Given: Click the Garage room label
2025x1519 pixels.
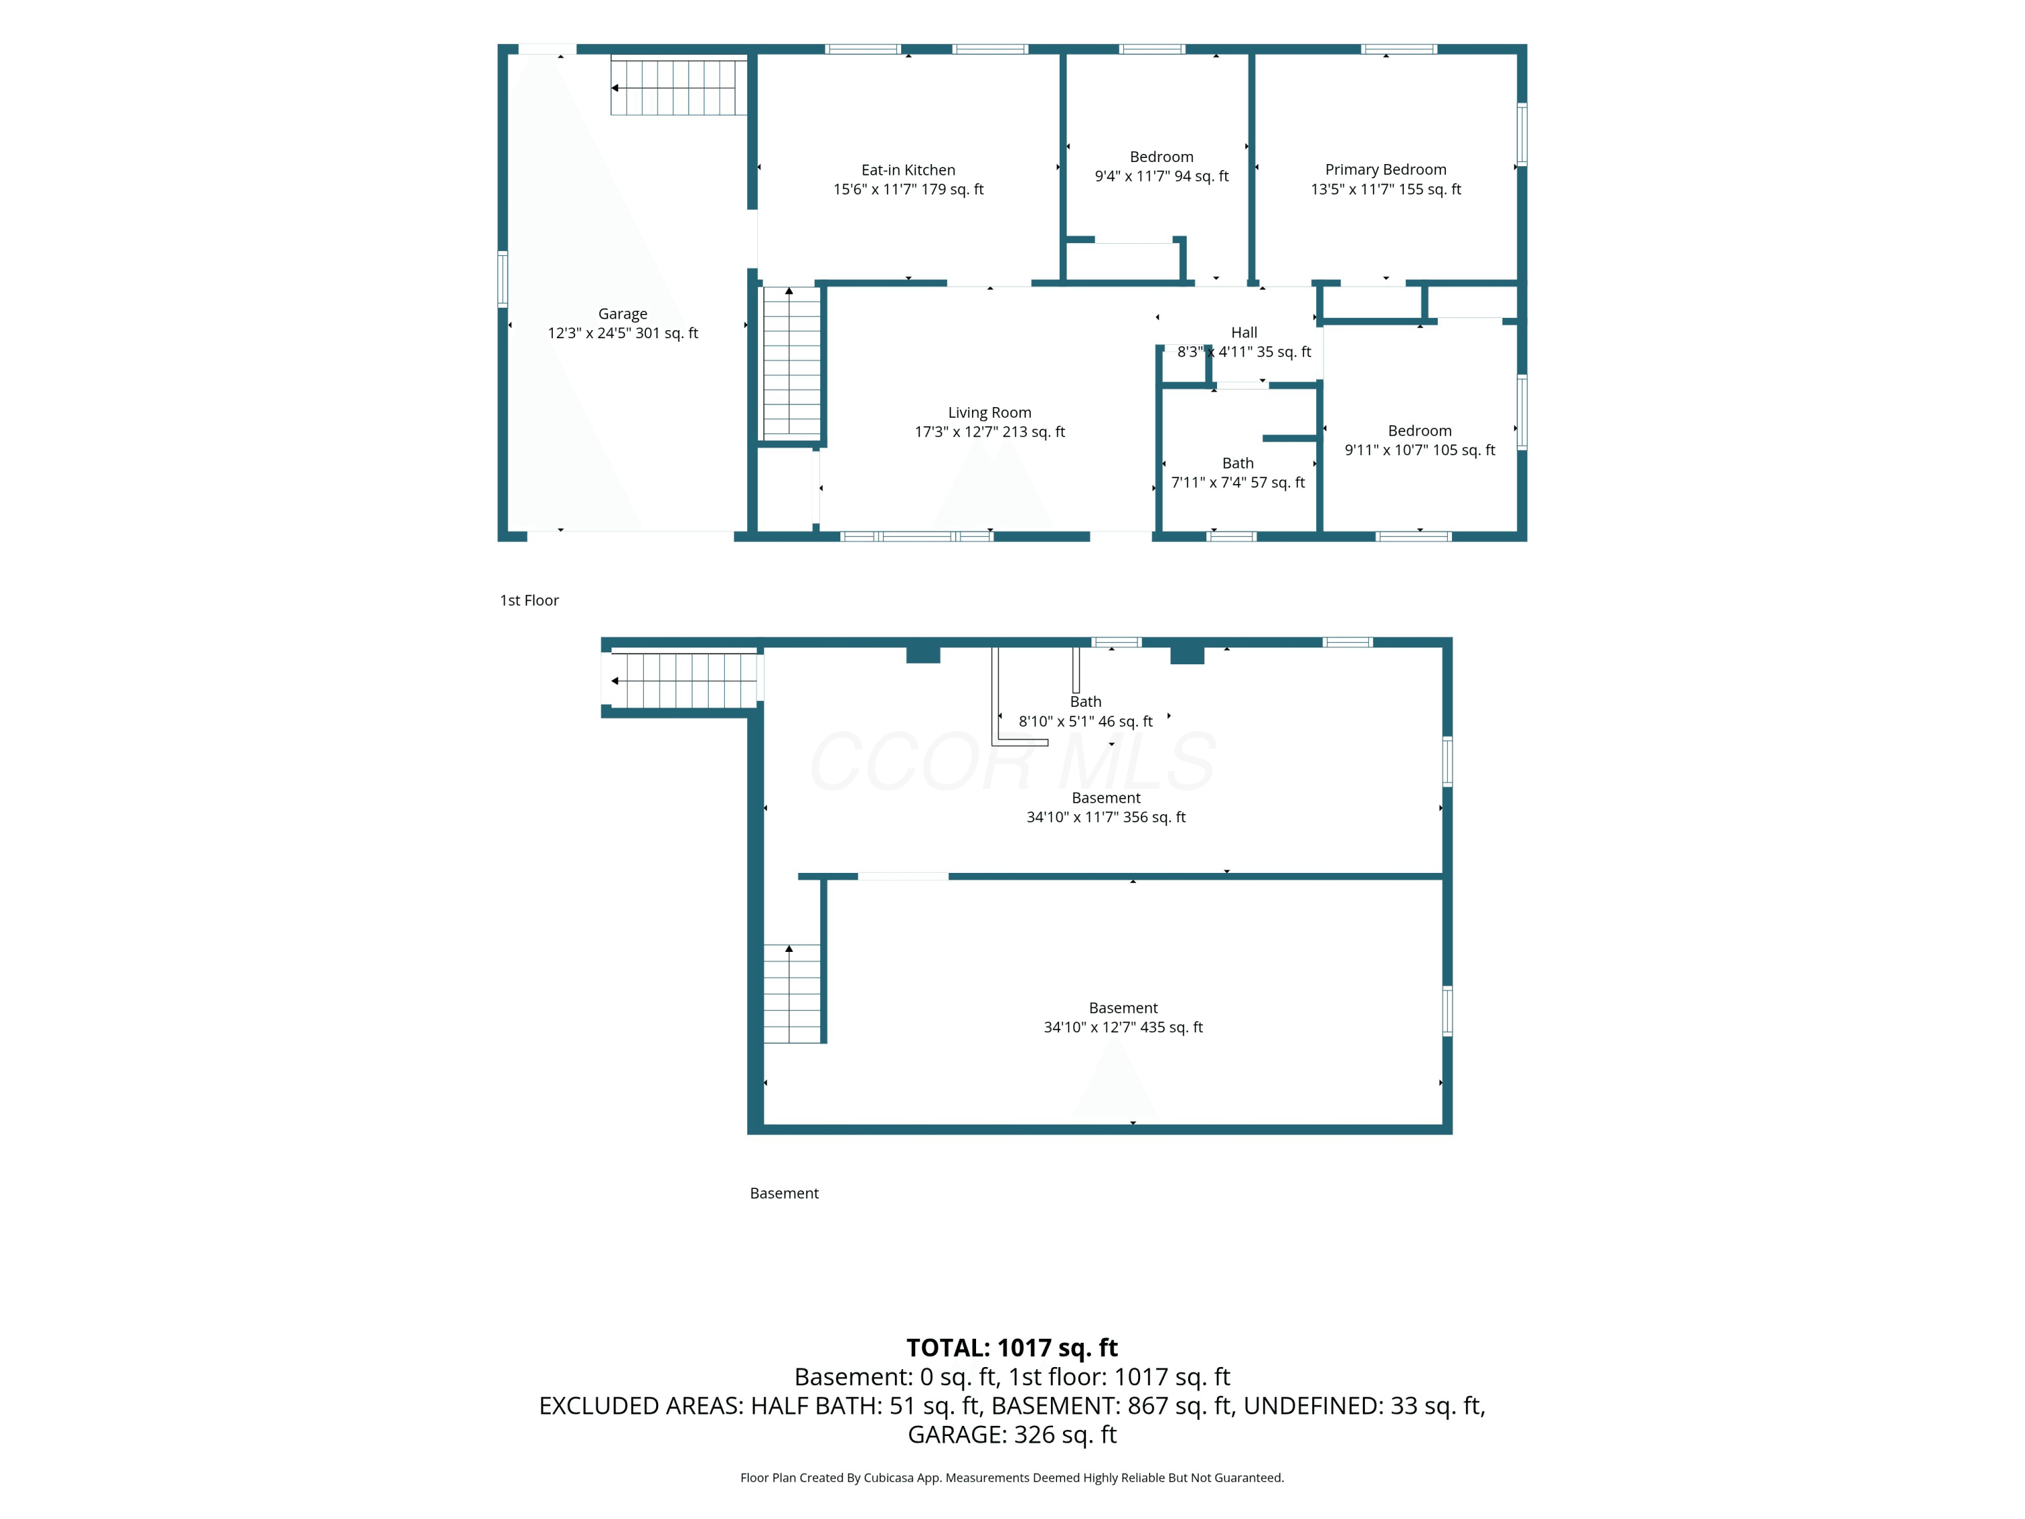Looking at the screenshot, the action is tap(622, 314).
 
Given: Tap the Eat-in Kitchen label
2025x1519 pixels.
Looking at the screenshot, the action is tap(908, 170).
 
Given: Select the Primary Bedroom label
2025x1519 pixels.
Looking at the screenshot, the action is tap(1386, 170).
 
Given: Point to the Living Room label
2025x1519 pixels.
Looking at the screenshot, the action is tap(990, 413).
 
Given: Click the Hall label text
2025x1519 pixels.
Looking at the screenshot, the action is tap(1244, 332).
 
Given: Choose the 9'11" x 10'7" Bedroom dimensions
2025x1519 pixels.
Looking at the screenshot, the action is tap(1420, 450).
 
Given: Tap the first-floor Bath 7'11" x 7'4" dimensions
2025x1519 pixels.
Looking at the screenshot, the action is tap(1238, 483).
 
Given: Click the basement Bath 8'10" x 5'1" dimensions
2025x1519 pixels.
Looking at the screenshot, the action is tap(1085, 722).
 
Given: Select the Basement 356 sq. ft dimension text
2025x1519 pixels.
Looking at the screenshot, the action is tap(1106, 818).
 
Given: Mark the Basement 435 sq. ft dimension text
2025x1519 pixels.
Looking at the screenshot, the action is tap(1123, 1028).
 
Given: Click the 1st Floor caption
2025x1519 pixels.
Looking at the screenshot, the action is tap(529, 601).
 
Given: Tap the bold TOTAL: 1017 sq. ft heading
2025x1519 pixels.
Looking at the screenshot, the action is tap(1012, 1348).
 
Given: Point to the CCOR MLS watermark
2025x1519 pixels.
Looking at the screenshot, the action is tap(1013, 762).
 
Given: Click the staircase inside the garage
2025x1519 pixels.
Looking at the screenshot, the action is tap(678, 87).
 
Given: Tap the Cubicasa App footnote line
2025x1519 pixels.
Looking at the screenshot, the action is tap(1012, 1478).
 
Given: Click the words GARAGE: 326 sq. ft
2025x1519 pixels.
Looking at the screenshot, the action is tap(1012, 1435).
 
